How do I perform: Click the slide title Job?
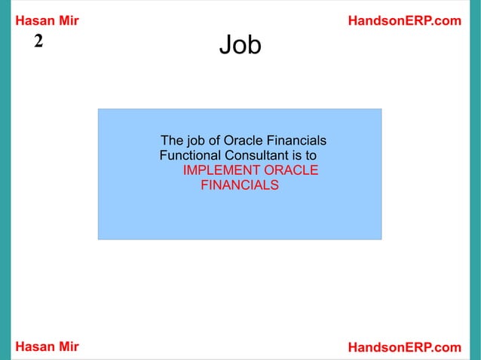pos(240,47)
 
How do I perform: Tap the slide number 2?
pos(38,41)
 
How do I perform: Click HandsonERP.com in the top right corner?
pos(404,21)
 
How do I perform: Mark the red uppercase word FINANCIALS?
pos(239,185)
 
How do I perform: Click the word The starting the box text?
pos(173,141)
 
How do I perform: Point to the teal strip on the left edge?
pos(5,180)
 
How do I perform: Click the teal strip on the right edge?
pos(475,180)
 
